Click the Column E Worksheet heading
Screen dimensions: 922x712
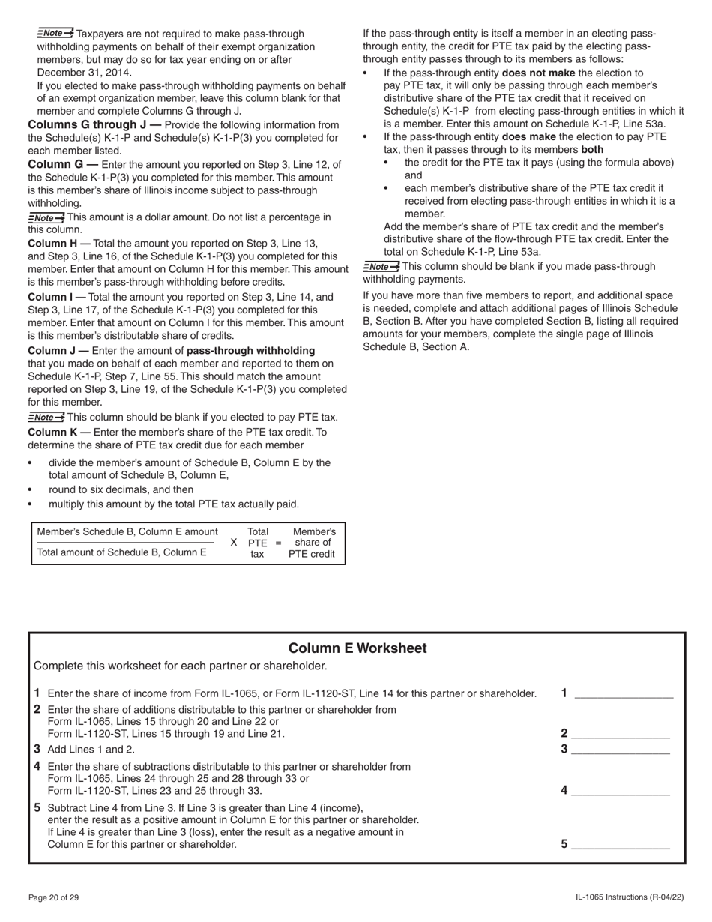[x=357, y=648]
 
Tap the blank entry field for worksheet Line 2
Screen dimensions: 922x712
[x=620, y=734]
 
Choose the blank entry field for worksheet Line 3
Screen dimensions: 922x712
[x=620, y=749]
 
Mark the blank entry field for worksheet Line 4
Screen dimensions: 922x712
[x=620, y=790]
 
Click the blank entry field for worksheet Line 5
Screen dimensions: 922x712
[x=620, y=844]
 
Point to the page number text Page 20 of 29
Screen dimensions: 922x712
[x=53, y=897]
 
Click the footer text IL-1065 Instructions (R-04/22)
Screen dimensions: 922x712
[x=630, y=897]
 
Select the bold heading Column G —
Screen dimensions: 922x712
[x=63, y=164]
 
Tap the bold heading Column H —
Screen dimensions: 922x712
[x=59, y=243]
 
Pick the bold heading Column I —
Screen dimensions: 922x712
[x=57, y=297]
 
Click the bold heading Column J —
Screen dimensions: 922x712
[x=58, y=350]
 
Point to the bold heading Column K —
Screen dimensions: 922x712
[x=59, y=432]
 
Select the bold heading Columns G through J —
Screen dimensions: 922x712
[x=94, y=124]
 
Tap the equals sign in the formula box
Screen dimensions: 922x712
[x=278, y=543]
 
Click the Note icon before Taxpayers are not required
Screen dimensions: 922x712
[x=55, y=33]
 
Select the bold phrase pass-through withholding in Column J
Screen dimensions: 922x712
[x=250, y=350]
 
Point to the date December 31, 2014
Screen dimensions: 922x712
[x=84, y=72]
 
